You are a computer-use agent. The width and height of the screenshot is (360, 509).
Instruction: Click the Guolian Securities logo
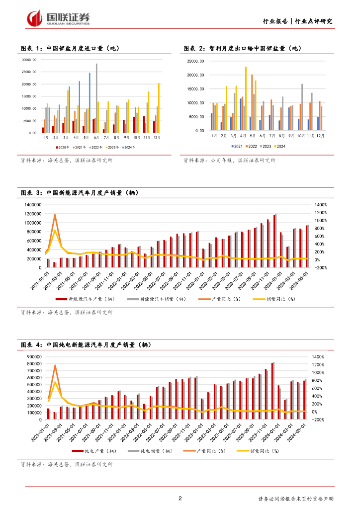58,18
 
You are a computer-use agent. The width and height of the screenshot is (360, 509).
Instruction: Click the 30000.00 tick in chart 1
29,60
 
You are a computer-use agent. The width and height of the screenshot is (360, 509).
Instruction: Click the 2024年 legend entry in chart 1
130,147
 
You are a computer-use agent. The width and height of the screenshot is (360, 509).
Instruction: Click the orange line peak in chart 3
55,215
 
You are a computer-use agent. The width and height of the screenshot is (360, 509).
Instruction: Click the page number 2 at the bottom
180,499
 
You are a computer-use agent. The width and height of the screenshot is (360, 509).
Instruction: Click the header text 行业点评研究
314,21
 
